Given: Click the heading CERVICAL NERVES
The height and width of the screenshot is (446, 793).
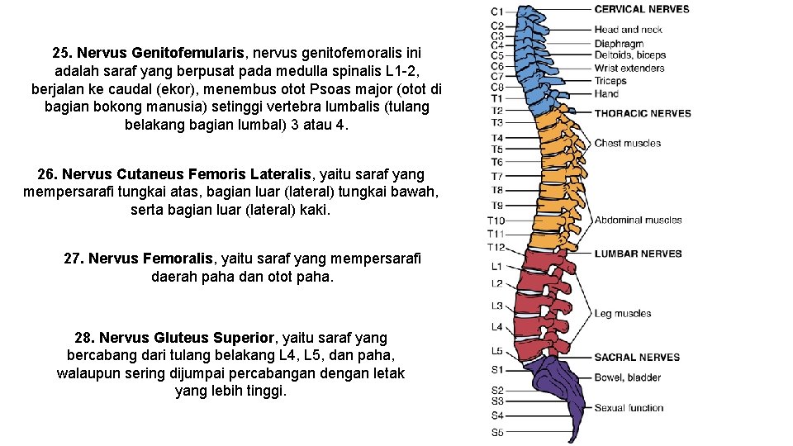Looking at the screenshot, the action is coord(642,9).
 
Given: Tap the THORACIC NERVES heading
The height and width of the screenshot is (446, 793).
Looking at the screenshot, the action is coord(643,113).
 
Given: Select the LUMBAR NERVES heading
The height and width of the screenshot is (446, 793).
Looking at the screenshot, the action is coord(638,254).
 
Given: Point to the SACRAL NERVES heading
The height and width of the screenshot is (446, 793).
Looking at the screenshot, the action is coord(637,358).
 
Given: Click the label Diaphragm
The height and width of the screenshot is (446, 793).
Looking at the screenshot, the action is coord(619,44).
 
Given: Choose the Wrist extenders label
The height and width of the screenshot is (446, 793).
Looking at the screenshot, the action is coord(629,68).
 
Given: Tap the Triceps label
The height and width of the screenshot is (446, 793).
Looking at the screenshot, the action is coord(610,81).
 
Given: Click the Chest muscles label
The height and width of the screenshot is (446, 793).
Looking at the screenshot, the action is coord(628,144).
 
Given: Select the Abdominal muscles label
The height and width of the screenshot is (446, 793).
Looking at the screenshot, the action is coord(638,220).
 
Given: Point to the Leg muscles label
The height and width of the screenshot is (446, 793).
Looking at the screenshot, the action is coord(623,314).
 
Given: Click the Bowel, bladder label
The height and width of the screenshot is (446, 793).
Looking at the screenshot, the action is coord(628,377).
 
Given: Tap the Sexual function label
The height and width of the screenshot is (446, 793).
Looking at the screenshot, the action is coord(629,408).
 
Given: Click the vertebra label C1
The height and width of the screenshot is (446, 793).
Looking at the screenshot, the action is coord(497,12).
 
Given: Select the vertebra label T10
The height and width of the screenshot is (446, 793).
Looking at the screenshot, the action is coord(496,221).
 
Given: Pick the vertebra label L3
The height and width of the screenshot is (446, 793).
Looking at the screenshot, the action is coord(497,306).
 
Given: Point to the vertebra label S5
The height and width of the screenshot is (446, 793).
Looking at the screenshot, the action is coord(497,432).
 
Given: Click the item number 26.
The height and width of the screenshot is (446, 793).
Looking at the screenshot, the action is coord(47,174).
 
